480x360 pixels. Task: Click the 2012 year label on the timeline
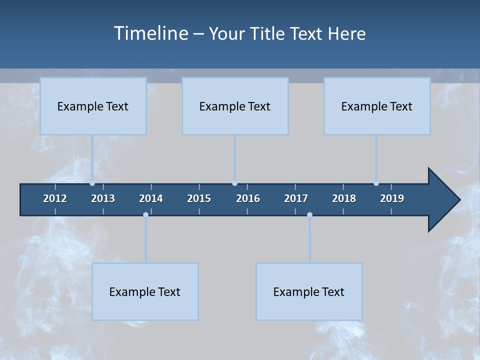[x=55, y=198]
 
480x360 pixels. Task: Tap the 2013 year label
[x=103, y=198]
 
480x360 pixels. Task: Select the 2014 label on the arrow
[x=151, y=198]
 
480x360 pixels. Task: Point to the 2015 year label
[x=199, y=198]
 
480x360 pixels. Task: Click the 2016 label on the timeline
[x=248, y=198]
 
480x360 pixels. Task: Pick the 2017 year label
[x=296, y=198]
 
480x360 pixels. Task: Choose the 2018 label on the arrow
[x=344, y=198]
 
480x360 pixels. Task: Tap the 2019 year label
[x=392, y=198]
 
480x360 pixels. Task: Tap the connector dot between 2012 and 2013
[x=92, y=183]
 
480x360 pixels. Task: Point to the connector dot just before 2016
[x=234, y=183]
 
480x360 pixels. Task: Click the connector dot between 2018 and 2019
[x=376, y=183]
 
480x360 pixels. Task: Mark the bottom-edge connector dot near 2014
[x=145, y=215]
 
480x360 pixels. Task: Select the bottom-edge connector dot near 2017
[x=309, y=215]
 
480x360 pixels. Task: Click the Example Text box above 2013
[x=93, y=106]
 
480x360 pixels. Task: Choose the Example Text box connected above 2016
[x=235, y=106]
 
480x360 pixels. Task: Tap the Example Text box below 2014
[x=145, y=291]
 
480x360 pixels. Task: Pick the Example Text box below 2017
[x=309, y=291]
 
